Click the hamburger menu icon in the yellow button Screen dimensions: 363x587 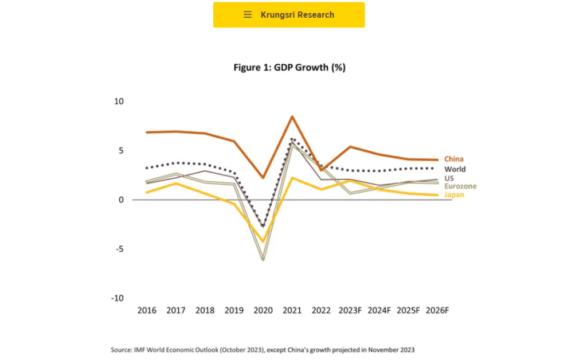pyautogui.click(x=248, y=14)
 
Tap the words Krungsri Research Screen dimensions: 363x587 pyautogui.click(x=297, y=14)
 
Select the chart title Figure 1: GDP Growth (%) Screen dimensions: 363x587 pyautogui.click(x=289, y=68)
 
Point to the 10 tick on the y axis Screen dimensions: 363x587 pyautogui.click(x=119, y=102)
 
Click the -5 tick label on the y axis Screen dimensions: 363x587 pyautogui.click(x=118, y=249)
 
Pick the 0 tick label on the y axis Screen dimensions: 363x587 pyautogui.click(x=121, y=200)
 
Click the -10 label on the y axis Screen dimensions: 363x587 pyautogui.click(x=116, y=298)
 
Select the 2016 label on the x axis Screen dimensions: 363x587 pyautogui.click(x=147, y=310)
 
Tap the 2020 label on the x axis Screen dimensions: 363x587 pyautogui.click(x=263, y=310)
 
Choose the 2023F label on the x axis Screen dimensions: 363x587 pyautogui.click(x=350, y=310)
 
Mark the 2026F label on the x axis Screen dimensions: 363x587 pyautogui.click(x=437, y=310)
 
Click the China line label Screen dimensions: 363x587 pyautogui.click(x=453, y=159)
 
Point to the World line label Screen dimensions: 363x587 pyautogui.click(x=455, y=169)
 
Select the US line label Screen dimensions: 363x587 pyautogui.click(x=449, y=178)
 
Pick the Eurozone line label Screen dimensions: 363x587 pyautogui.click(x=460, y=186)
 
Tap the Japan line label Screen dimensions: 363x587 pyautogui.click(x=454, y=195)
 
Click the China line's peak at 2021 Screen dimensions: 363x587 pyautogui.click(x=292, y=116)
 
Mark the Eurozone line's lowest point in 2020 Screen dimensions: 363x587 pyautogui.click(x=263, y=260)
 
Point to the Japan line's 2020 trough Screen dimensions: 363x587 pyautogui.click(x=263, y=241)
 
